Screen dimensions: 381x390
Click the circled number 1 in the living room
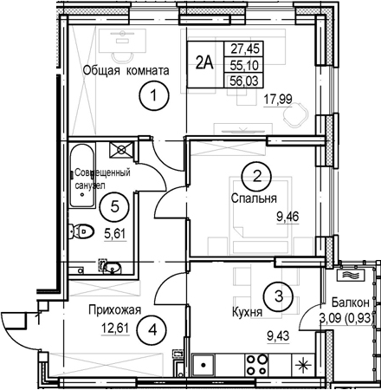(x=153, y=95)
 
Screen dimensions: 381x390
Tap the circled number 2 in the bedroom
(x=256, y=176)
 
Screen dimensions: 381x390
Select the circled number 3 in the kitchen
(x=278, y=296)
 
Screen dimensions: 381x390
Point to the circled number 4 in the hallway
(x=152, y=329)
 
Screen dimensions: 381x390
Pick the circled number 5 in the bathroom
(x=114, y=206)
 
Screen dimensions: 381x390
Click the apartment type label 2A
(x=204, y=63)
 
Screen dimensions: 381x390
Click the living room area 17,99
(x=278, y=99)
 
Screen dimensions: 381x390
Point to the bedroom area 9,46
(x=287, y=217)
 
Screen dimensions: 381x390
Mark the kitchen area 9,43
(x=278, y=335)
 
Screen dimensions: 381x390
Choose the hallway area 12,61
(x=115, y=328)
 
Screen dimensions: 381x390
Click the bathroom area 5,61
(x=115, y=233)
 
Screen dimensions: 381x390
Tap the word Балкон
(x=350, y=302)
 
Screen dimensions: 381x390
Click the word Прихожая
(x=115, y=310)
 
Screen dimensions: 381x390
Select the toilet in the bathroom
(x=81, y=231)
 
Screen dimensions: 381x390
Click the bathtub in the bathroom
(x=82, y=175)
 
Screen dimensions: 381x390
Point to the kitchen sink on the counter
(x=203, y=365)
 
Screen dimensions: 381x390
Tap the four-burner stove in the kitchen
(x=256, y=365)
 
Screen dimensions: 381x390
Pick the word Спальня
(x=254, y=198)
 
